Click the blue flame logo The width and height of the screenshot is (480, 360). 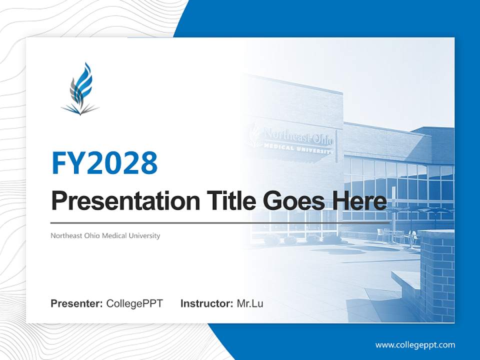[x=80, y=89]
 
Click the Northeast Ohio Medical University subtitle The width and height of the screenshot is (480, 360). [x=105, y=235]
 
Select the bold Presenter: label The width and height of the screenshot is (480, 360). [x=77, y=303]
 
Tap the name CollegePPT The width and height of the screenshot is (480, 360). [x=134, y=303]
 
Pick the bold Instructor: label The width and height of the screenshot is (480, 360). [x=206, y=303]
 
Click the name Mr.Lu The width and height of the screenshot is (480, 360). [x=250, y=303]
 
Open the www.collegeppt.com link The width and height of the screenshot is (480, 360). [x=415, y=345]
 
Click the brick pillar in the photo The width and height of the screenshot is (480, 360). [x=436, y=275]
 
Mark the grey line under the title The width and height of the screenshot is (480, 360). [x=220, y=222]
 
